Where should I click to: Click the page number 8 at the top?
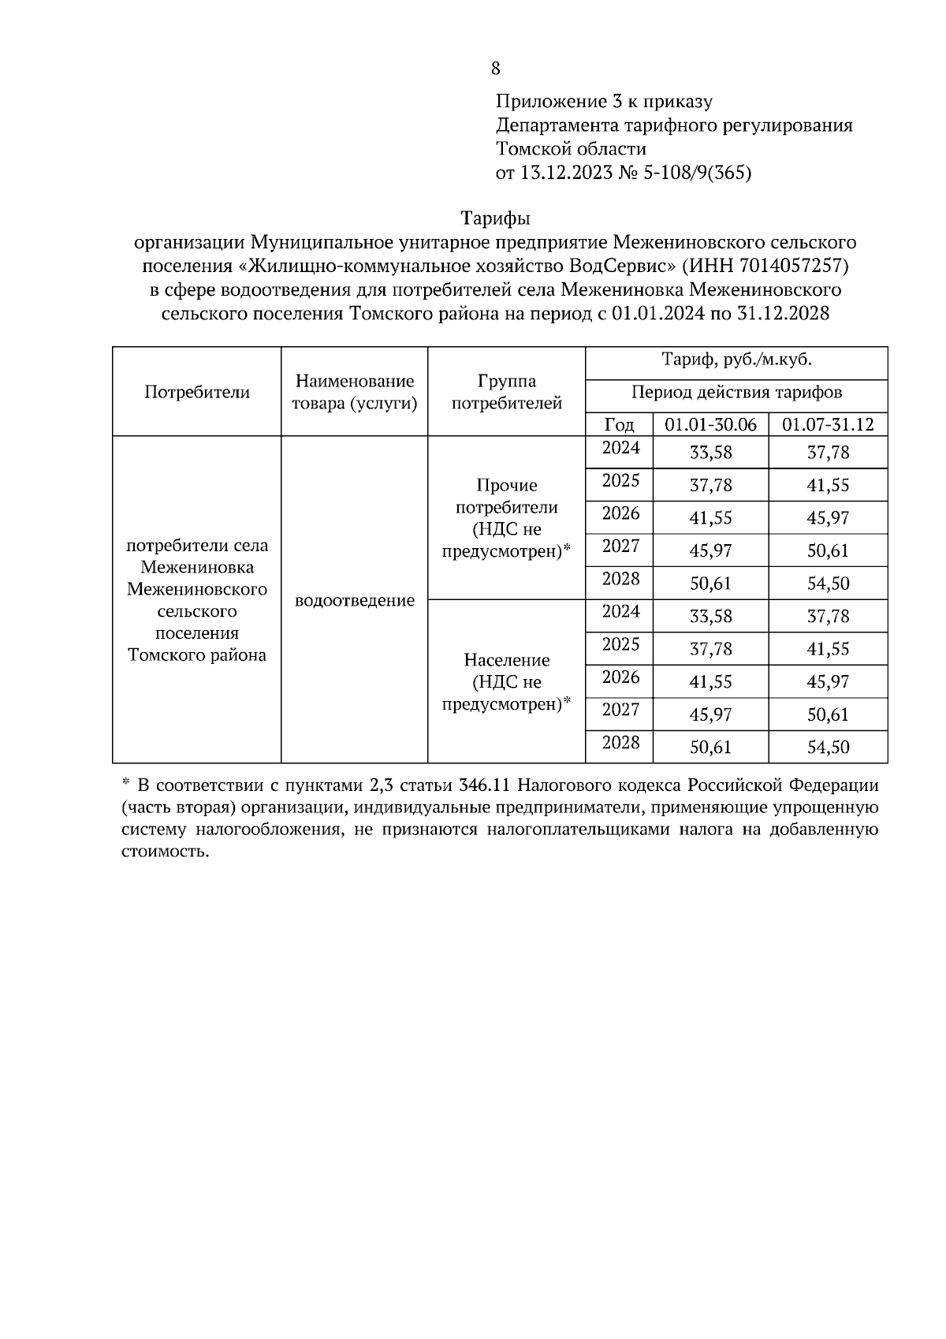point(496,69)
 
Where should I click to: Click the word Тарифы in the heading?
point(495,218)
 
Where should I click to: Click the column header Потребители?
point(197,392)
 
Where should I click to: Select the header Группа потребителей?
point(506,392)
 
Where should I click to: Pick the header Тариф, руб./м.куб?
point(736,360)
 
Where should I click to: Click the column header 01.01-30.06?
point(710,425)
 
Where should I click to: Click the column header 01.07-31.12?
point(828,425)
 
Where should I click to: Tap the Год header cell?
point(619,425)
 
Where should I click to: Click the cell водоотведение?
point(355,601)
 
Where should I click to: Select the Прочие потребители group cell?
point(506,518)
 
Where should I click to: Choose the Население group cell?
point(506,681)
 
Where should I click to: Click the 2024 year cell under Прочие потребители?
point(620,449)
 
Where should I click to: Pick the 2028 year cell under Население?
point(620,743)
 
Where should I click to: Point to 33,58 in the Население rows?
point(710,617)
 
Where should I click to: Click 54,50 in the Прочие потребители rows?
point(828,584)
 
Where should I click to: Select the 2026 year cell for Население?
point(620,677)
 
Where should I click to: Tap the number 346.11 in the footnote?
point(485,785)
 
